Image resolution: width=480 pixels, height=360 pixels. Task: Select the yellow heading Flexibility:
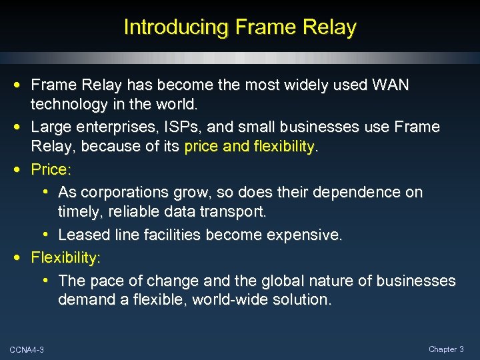coord(66,257)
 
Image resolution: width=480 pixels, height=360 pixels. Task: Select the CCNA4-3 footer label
coord(27,350)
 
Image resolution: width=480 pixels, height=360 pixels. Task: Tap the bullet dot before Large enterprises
coord(21,127)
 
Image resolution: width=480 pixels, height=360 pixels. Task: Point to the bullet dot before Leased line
coord(48,235)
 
